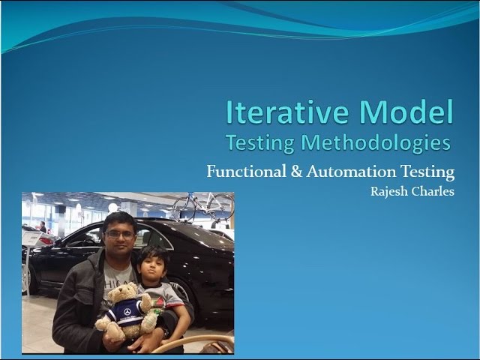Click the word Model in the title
[x=408, y=112]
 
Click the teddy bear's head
[x=126, y=295]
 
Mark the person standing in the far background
[x=43, y=226]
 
